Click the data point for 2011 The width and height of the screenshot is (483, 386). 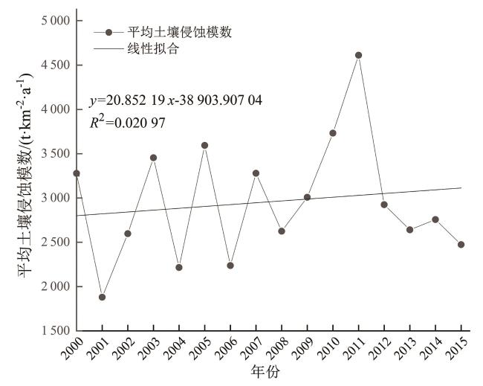tap(358, 55)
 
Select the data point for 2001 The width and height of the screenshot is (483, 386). tap(102, 297)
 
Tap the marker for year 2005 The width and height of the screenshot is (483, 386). tap(204, 145)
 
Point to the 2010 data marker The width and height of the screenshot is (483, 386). tap(333, 133)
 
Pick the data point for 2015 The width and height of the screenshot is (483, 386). tap(461, 245)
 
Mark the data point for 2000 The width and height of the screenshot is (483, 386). tap(76, 173)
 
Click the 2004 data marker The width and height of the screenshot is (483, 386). tap(179, 268)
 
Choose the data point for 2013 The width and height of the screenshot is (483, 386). tap(409, 230)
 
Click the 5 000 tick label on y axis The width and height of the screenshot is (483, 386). tap(50, 21)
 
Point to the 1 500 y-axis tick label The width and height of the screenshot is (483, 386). tap(50, 331)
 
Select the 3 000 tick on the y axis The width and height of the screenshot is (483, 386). tap(50, 199)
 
